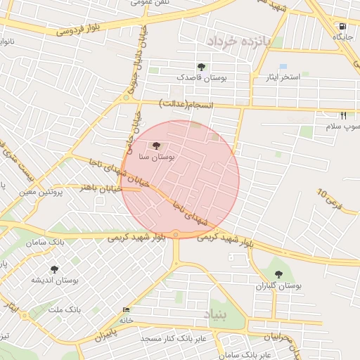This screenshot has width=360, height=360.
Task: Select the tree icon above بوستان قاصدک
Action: [202, 67]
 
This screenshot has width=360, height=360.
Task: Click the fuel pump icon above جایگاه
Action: [342, 27]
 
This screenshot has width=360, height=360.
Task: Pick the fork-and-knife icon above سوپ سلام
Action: [344, 115]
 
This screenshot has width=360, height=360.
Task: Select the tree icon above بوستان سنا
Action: [155, 146]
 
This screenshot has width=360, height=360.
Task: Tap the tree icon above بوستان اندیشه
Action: [53, 269]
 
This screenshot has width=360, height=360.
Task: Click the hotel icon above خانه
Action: [126, 310]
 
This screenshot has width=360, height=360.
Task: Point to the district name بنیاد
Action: [217, 314]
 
